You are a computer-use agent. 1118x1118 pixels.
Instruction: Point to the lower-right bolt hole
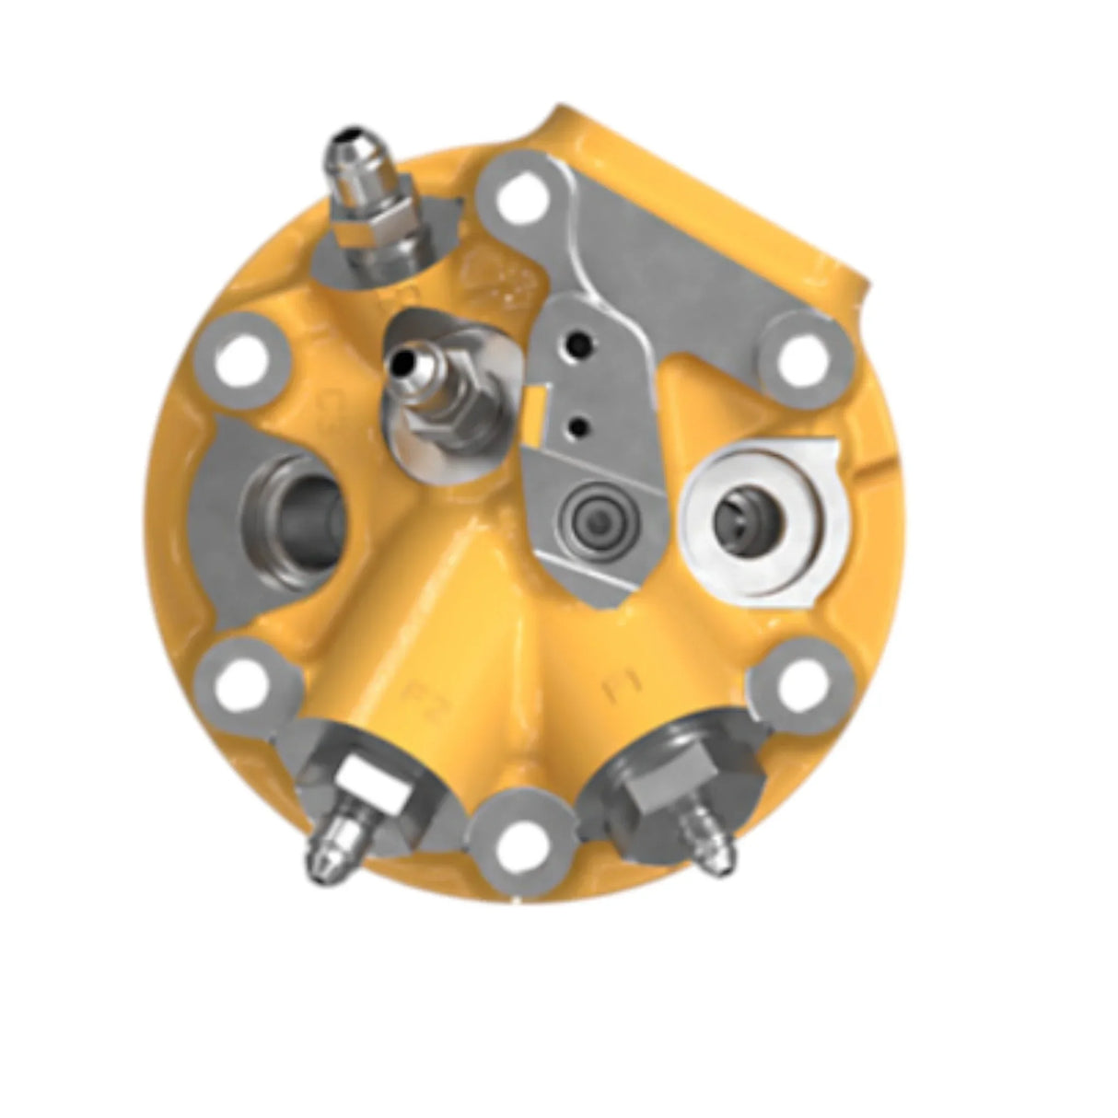pos(798,682)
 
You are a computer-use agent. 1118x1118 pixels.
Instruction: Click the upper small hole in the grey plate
pos(581,345)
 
